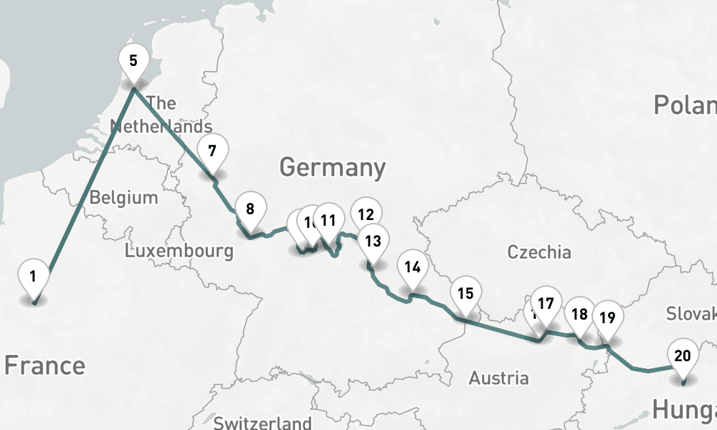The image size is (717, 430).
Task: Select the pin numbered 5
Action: (x=133, y=61)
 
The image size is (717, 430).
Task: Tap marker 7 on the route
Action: (x=212, y=151)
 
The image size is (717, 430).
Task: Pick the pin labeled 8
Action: (x=250, y=210)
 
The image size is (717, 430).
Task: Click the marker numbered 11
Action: (x=329, y=220)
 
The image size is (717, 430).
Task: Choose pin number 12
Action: (x=366, y=214)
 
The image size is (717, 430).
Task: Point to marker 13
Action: (x=373, y=241)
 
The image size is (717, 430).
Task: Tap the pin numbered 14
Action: (x=412, y=267)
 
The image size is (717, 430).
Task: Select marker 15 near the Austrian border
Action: (x=465, y=293)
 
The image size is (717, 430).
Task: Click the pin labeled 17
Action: (x=546, y=304)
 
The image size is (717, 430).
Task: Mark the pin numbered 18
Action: (x=579, y=314)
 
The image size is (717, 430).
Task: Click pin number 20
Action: (x=683, y=355)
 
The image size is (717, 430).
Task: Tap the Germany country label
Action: (x=332, y=168)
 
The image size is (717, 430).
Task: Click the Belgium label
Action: (x=123, y=197)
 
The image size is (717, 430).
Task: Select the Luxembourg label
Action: (x=179, y=251)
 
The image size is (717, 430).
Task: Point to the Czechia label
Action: (x=539, y=252)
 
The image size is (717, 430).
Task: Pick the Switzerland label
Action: (x=262, y=422)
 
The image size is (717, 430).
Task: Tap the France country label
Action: (x=44, y=365)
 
